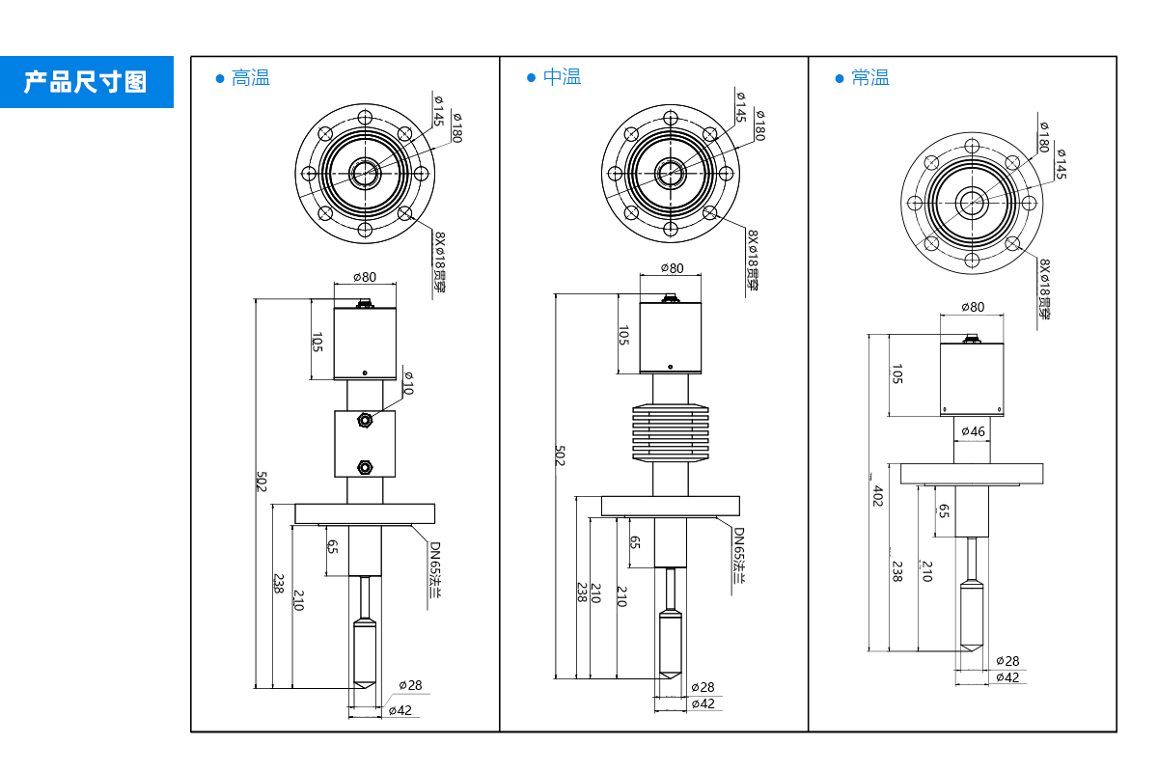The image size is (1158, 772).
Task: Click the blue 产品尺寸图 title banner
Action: coord(86,81)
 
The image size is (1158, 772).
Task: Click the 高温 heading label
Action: coord(250,78)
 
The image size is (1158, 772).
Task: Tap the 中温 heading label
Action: coord(562,78)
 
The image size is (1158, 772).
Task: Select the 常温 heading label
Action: coord(869,78)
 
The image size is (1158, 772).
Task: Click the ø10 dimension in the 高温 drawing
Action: coord(406,382)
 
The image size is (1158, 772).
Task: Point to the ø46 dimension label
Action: coord(973,431)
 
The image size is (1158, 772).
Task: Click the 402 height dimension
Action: coord(877,496)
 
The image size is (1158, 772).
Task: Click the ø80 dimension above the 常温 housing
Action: coord(973,307)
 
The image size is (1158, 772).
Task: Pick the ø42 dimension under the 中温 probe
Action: coord(703,703)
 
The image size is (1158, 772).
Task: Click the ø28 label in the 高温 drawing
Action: coord(411,685)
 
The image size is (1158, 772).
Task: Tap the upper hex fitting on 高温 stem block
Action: coord(365,420)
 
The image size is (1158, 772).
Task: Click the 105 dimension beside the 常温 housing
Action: coord(896,374)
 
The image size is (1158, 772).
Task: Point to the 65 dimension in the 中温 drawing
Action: coord(634,541)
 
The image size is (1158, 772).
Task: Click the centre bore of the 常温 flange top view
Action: coord(971,203)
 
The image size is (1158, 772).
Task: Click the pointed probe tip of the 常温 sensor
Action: coord(971,648)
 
